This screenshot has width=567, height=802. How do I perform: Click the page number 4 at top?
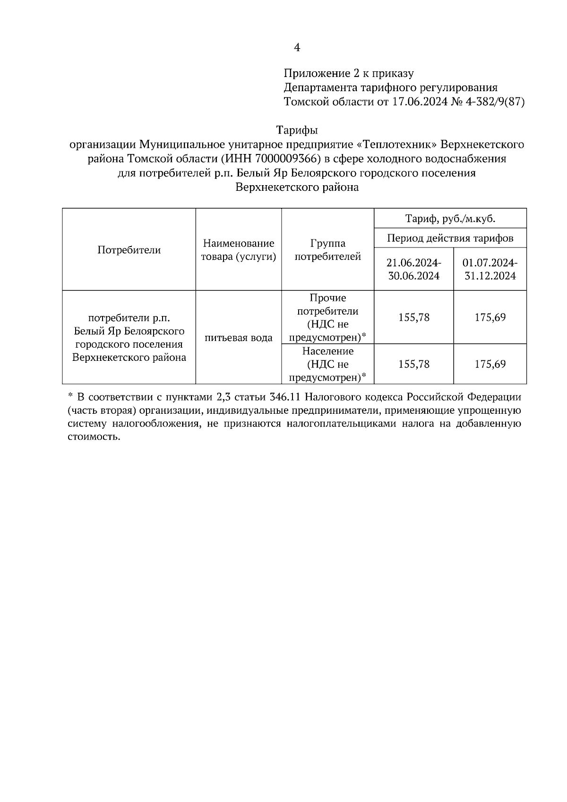pyautogui.click(x=297, y=47)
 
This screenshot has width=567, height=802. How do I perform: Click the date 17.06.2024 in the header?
pyautogui.click(x=420, y=102)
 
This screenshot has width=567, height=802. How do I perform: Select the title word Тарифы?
pyautogui.click(x=297, y=130)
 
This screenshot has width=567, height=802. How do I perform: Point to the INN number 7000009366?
pyautogui.click(x=289, y=159)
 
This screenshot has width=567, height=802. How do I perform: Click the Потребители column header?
pyautogui.click(x=129, y=250)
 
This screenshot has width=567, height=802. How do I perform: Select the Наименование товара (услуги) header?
pyautogui.click(x=239, y=250)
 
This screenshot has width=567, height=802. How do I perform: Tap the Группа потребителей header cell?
pyautogui.click(x=327, y=250)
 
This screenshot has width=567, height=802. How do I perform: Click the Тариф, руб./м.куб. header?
pyautogui.click(x=450, y=219)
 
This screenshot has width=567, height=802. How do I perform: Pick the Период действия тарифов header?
pyautogui.click(x=450, y=238)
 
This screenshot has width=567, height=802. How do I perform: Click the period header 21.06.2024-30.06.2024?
pyautogui.click(x=413, y=269)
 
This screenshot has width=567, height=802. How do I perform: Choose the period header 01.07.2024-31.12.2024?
pyautogui.click(x=490, y=269)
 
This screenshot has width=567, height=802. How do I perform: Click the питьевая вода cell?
pyautogui.click(x=239, y=338)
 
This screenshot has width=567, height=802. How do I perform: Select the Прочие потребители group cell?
pyautogui.click(x=327, y=317)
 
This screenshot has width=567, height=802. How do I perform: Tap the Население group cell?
pyautogui.click(x=327, y=364)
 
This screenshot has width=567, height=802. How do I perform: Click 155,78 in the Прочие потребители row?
pyautogui.click(x=413, y=317)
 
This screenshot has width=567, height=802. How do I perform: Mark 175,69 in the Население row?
pyautogui.click(x=490, y=364)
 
